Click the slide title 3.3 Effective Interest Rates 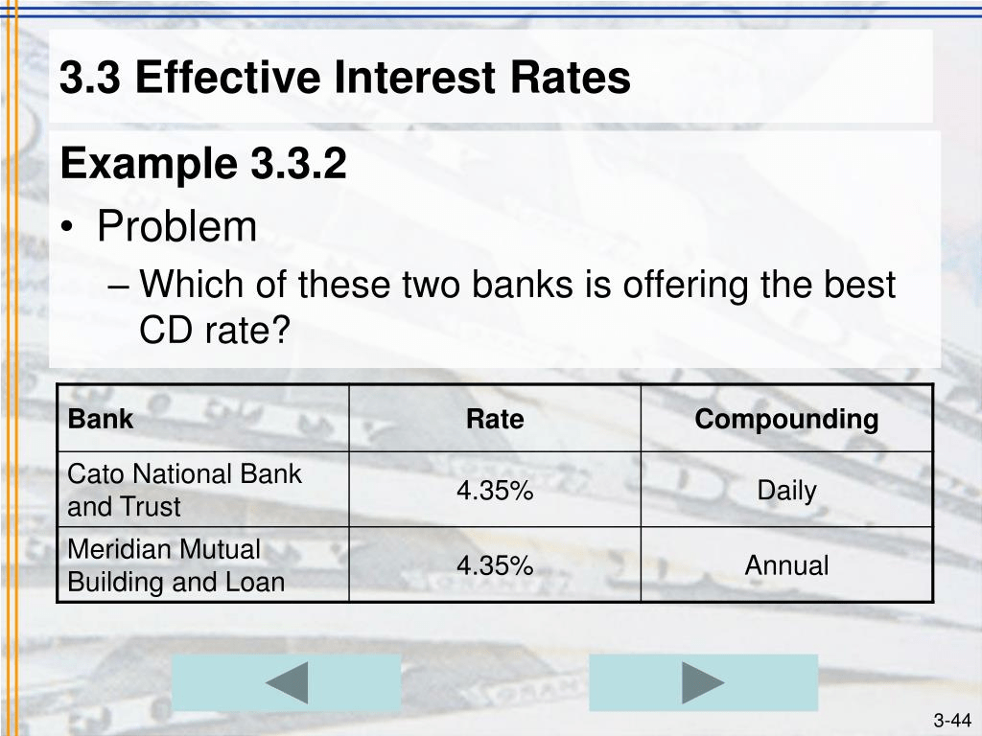pyautogui.click(x=345, y=78)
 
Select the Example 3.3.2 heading pyautogui.click(x=202, y=165)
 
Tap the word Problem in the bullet pyautogui.click(x=176, y=227)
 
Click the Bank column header pyautogui.click(x=101, y=420)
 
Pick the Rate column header pyautogui.click(x=495, y=420)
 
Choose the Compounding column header pyautogui.click(x=786, y=420)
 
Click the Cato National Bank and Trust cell pyautogui.click(x=184, y=490)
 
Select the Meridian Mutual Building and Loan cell pyautogui.click(x=176, y=565)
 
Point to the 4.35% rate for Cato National pyautogui.click(x=495, y=491)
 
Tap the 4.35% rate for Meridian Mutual pyautogui.click(x=495, y=565)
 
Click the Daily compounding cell pyautogui.click(x=786, y=491)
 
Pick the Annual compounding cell pyautogui.click(x=786, y=565)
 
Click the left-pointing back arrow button pyautogui.click(x=286, y=683)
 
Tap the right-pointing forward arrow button pyautogui.click(x=703, y=683)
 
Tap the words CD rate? pyautogui.click(x=214, y=332)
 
